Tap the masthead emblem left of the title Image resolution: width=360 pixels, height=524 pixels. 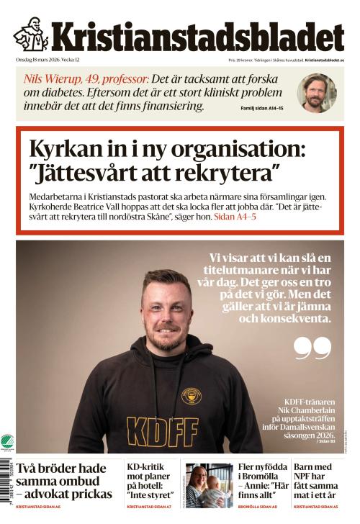[30, 35]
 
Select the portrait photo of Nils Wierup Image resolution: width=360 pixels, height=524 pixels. [317, 92]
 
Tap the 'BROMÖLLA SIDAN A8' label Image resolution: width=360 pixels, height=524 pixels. [258, 508]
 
